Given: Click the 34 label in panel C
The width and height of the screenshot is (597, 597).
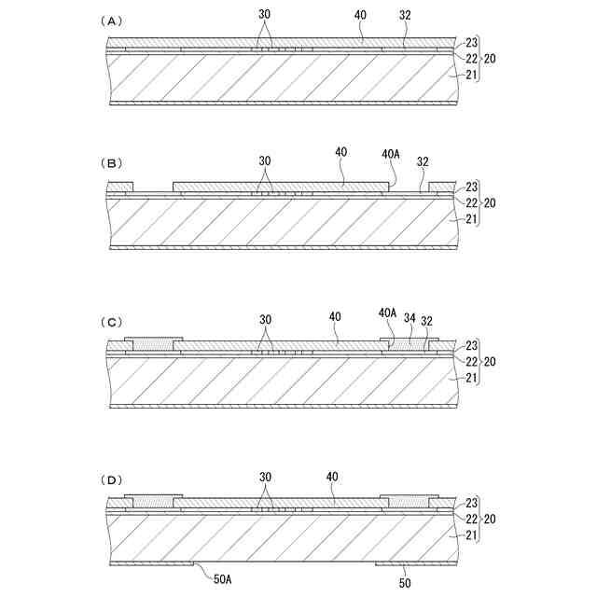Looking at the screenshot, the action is coord(410,319).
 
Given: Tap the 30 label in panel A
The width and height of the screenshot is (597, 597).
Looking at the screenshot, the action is coord(266,15).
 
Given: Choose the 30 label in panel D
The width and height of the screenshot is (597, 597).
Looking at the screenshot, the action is coord(266,477).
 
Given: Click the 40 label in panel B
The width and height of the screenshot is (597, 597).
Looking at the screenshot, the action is coord(340,151).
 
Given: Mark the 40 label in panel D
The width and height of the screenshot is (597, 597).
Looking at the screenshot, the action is coord(333,477).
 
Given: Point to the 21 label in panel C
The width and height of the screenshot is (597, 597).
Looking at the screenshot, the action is coord(471,378).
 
